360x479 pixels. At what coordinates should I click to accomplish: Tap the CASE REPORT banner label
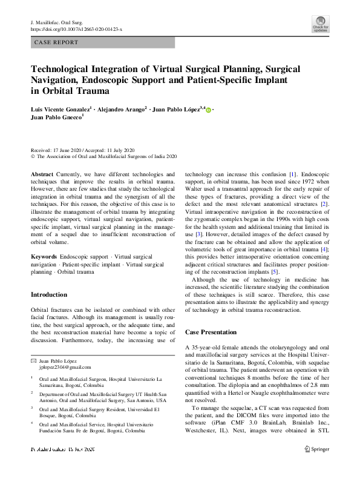point(57,42)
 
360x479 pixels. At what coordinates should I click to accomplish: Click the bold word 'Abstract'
point(42,173)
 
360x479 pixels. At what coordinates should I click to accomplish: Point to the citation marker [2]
point(325,205)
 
